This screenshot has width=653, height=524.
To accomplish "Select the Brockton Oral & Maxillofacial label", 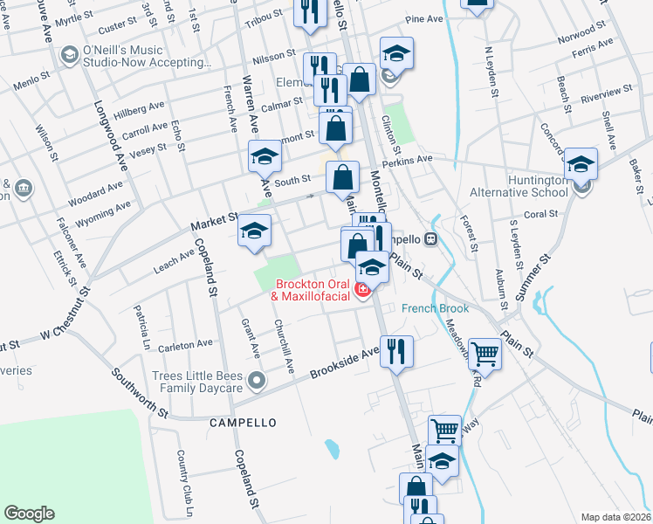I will pos(312,290).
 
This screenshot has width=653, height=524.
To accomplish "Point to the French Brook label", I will pos(435,308).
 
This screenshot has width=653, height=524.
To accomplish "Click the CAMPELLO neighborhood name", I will pos(243,422).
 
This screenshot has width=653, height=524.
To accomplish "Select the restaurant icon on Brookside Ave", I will pos(396,351).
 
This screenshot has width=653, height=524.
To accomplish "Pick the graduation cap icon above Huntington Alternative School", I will pos(581,162).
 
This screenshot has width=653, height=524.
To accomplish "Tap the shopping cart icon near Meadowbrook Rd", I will pos(485,354).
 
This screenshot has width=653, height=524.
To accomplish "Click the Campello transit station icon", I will pos(430,238).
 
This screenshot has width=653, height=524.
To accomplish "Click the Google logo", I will pos(30,514).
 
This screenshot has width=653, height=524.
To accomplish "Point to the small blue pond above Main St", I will pos(332,449).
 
